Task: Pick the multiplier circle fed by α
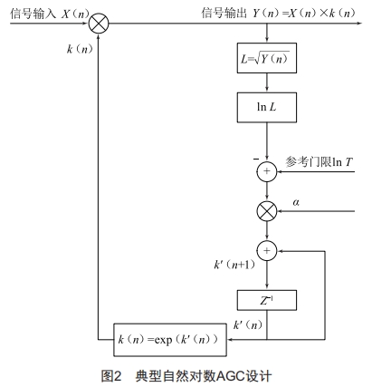coord(266,210)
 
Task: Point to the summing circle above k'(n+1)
coord(266,250)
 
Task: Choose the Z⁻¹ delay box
coord(266,298)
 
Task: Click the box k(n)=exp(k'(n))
coord(169,342)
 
